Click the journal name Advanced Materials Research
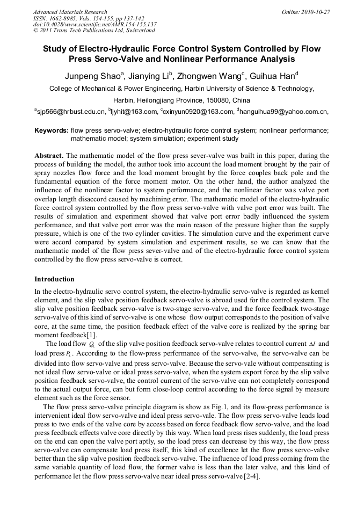click(x=70, y=12)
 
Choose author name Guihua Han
click(x=271, y=76)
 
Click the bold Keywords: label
click(x=52, y=130)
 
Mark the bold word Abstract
click(x=49, y=155)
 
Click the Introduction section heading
click(x=54, y=279)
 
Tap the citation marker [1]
click(x=107, y=335)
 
